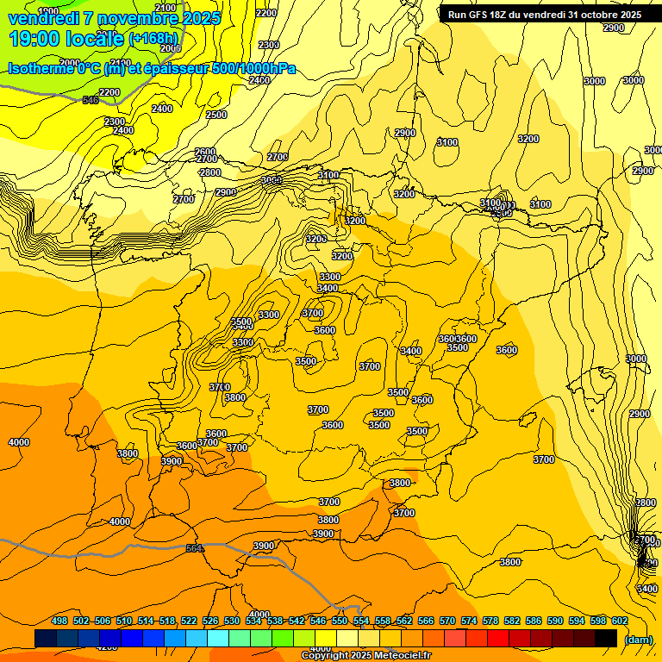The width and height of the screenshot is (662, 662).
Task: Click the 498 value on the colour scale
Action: pyautogui.click(x=59, y=621)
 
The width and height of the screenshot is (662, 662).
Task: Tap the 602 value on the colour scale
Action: pyautogui.click(x=619, y=621)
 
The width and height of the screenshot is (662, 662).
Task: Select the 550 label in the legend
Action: pyautogui.click(x=340, y=621)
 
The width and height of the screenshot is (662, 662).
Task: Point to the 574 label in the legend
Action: pyautogui.click(x=468, y=621)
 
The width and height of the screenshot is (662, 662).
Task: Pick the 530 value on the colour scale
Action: pyautogui.click(x=232, y=621)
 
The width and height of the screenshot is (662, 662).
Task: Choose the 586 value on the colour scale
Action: pyautogui.click(x=533, y=621)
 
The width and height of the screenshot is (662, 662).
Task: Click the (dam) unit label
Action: pyautogui.click(x=638, y=640)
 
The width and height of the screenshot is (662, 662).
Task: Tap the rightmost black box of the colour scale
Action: pyautogui.click(x=606, y=638)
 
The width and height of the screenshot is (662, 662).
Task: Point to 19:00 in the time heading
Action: pyautogui.click(x=34, y=39)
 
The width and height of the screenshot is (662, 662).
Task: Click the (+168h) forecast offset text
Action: pyautogui.click(x=153, y=39)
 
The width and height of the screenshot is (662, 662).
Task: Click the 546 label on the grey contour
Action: pyautogui.click(x=91, y=100)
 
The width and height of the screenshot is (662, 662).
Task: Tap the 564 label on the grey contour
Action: pyautogui.click(x=195, y=548)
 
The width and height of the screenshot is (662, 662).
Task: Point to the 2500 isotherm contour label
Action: pyautogui.click(x=216, y=115)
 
